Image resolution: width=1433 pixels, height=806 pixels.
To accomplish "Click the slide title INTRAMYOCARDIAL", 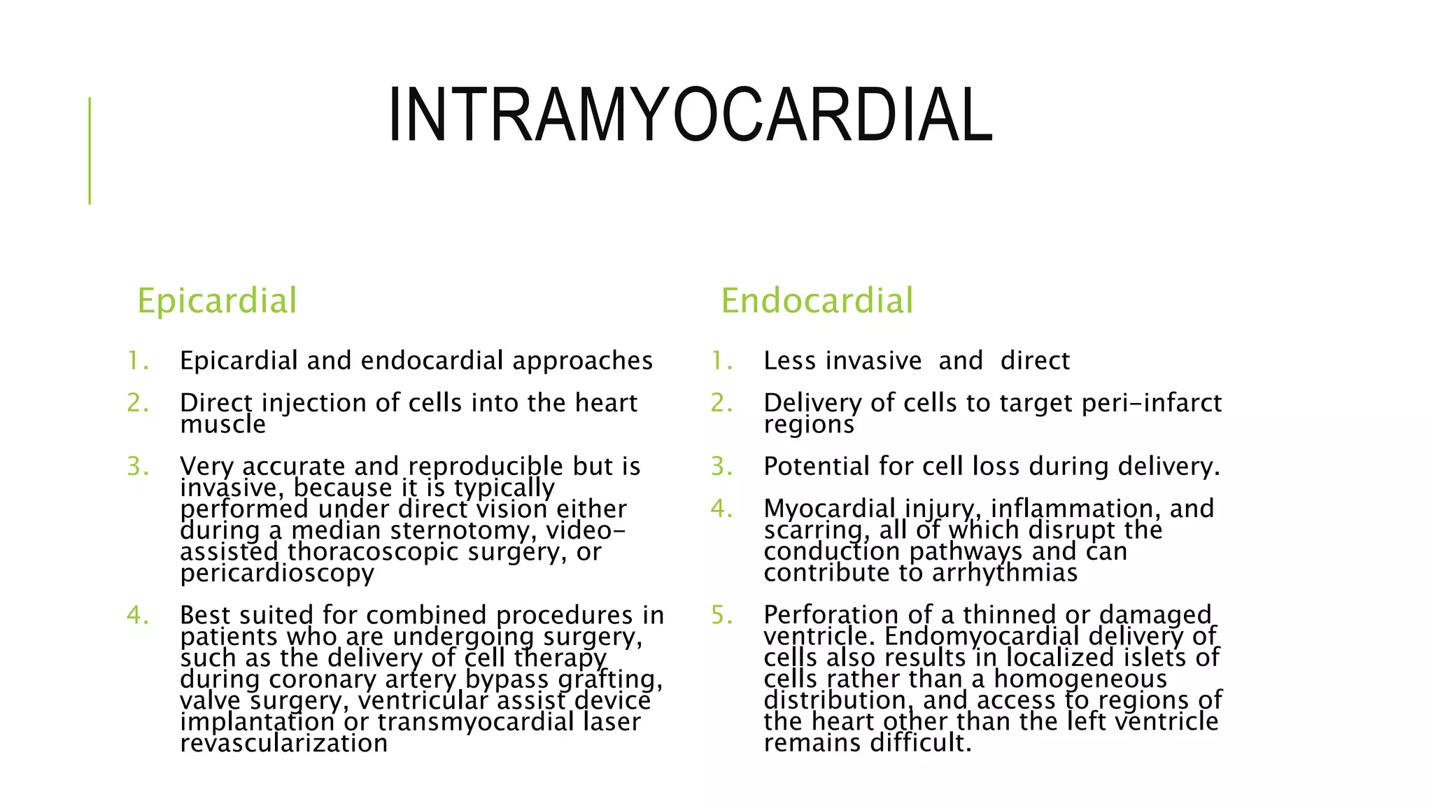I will (x=690, y=115).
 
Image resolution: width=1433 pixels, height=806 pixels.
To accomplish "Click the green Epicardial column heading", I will (x=217, y=301).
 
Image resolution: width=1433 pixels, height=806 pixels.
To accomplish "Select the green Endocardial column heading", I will (x=817, y=301).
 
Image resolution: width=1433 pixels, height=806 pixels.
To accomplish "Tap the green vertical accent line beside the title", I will (x=90, y=150).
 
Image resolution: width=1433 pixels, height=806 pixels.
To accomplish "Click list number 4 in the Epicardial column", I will (x=136, y=616).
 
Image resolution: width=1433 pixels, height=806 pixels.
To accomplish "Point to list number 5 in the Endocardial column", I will (x=721, y=616).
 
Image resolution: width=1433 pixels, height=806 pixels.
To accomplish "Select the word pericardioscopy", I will (x=277, y=574).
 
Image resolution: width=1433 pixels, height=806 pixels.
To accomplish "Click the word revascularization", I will (x=283, y=743).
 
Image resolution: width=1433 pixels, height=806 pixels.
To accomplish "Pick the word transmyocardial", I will (x=476, y=722).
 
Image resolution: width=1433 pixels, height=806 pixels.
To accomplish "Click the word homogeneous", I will (x=1080, y=679).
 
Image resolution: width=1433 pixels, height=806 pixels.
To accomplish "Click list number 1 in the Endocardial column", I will (x=721, y=361).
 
